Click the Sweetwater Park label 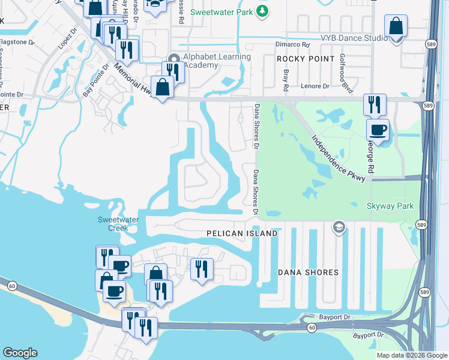click(x=221, y=11)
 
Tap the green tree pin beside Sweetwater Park click(x=262, y=11)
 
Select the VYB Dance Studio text click(x=354, y=38)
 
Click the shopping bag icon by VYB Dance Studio click(x=396, y=27)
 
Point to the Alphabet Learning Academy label click(x=217, y=61)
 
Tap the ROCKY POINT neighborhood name click(x=306, y=59)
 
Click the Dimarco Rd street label click(x=292, y=44)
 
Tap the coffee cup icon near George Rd click(x=378, y=129)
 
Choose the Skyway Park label click(x=390, y=206)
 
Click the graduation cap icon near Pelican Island click(x=339, y=227)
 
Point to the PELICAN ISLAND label click(x=242, y=233)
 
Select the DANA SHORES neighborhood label click(x=308, y=272)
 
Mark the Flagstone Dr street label click(x=17, y=43)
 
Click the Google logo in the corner click(x=20, y=353)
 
